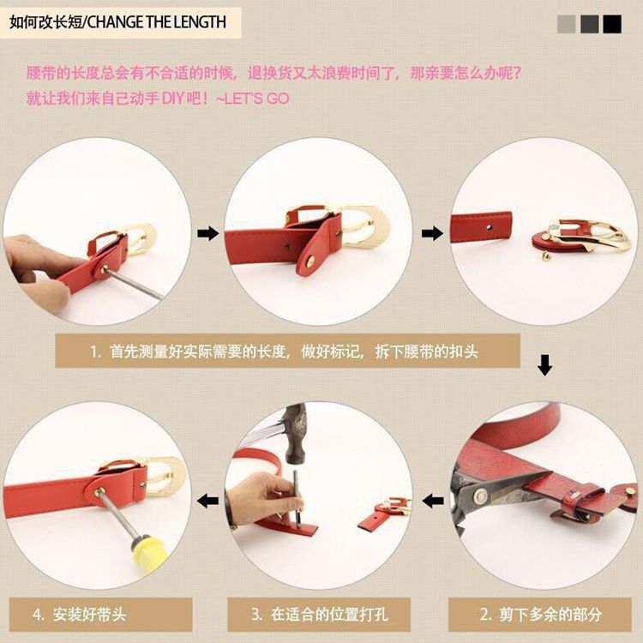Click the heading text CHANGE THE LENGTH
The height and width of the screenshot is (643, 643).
pyautogui.click(x=157, y=22)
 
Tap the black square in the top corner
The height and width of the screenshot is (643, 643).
pyautogui.click(x=612, y=24)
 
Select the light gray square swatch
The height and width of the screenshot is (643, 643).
pyautogui.click(x=567, y=24)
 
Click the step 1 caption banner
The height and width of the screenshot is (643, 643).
pyautogui.click(x=287, y=351)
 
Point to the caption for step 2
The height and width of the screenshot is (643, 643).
pyautogui.click(x=540, y=615)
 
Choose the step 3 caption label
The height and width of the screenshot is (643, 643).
pyautogui.click(x=319, y=615)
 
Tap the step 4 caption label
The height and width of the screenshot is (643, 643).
pyautogui.click(x=100, y=615)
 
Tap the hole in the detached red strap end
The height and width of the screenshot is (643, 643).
pyautogui.click(x=488, y=227)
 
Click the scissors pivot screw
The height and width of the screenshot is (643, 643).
pyautogui.click(x=480, y=496)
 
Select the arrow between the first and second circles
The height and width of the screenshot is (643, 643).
pyautogui.click(x=208, y=234)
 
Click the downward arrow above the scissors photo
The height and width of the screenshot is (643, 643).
pyautogui.click(x=544, y=365)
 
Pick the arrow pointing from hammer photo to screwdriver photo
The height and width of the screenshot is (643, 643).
pyautogui.click(x=208, y=501)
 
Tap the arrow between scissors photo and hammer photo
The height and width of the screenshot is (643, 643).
pyautogui.click(x=433, y=501)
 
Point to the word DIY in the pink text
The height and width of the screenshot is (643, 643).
pyautogui.click(x=173, y=99)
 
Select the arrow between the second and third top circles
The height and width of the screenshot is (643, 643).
pyautogui.click(x=433, y=234)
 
